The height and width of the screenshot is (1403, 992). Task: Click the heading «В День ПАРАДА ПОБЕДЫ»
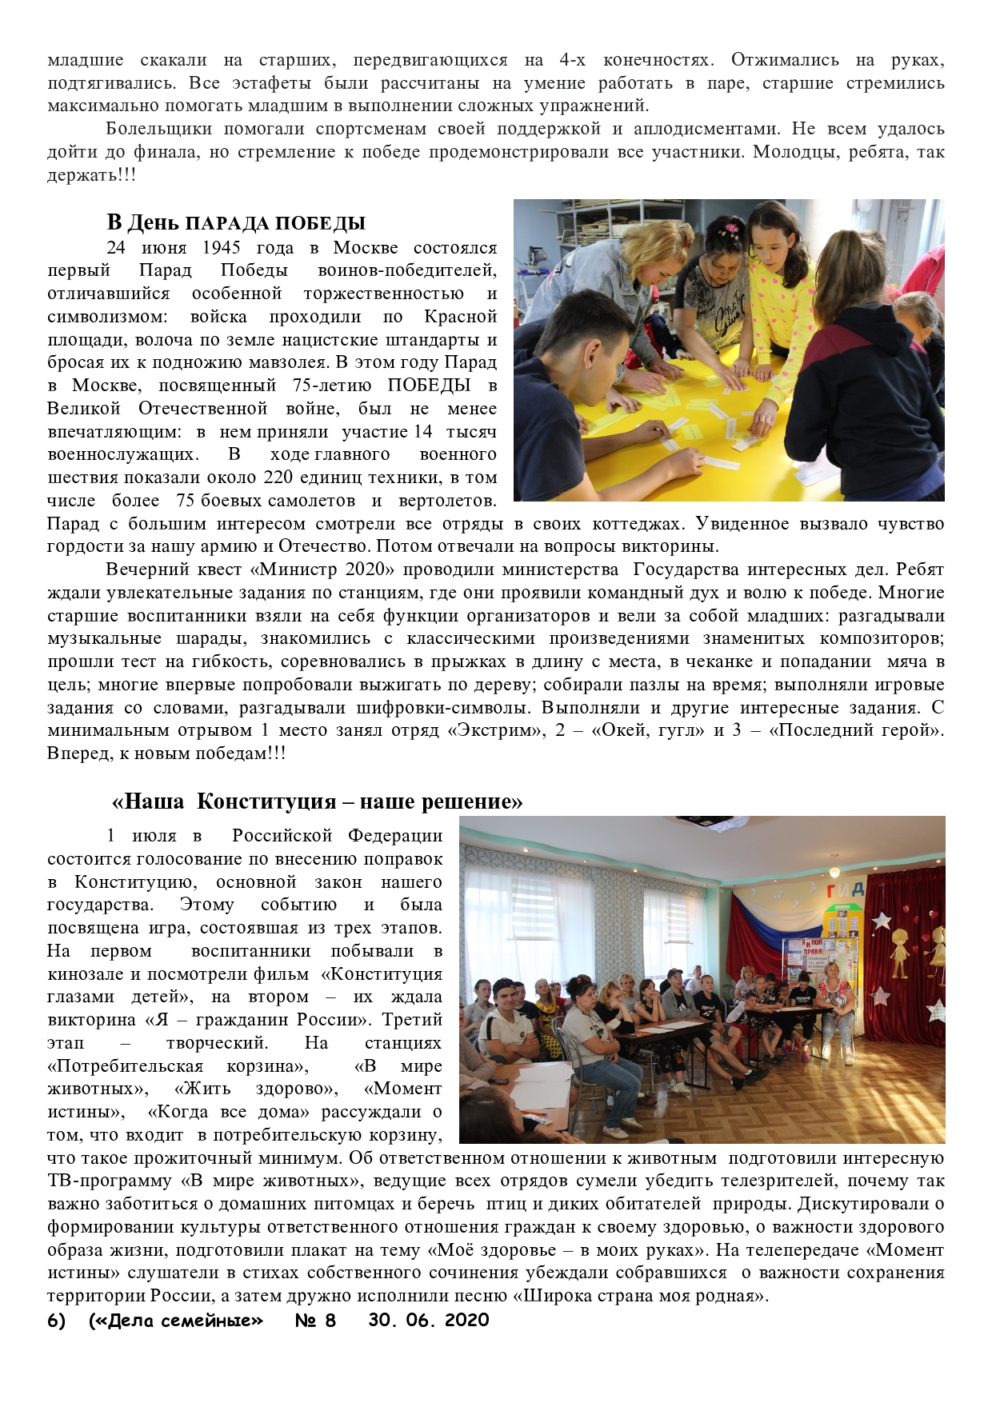click(236, 222)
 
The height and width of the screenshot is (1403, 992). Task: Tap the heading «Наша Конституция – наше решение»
click(318, 801)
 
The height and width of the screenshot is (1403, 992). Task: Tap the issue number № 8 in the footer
click(315, 1321)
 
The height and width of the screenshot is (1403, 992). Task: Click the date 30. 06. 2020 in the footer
click(428, 1321)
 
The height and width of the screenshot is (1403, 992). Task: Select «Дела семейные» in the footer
click(175, 1321)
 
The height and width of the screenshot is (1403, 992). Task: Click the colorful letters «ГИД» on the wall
click(846, 889)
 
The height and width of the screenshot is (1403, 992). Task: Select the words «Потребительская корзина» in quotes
click(178, 1066)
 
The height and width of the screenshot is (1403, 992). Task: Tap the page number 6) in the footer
click(56, 1321)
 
